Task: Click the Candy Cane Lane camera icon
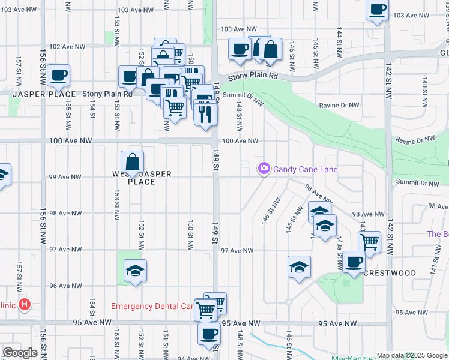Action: [264, 169]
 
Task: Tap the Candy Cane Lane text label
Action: [305, 169]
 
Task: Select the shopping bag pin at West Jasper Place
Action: [132, 162]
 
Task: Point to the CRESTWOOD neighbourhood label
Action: [390, 273]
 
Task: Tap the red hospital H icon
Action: [25, 304]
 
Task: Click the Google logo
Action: [19, 353]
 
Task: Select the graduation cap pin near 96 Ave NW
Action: [136, 271]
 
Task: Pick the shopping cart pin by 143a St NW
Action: [370, 242]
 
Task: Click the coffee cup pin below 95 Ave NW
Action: [209, 334]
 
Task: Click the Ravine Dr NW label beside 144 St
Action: [339, 105]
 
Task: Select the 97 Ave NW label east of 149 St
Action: [237, 250]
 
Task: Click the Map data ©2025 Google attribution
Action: [412, 355]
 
